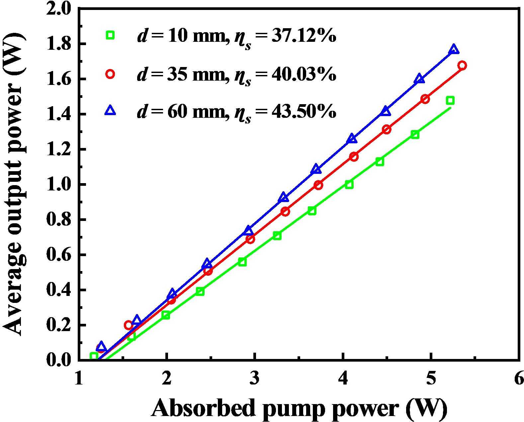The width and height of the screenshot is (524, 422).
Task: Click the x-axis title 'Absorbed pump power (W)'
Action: pos(299,409)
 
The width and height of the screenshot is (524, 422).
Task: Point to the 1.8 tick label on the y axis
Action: pos(60,44)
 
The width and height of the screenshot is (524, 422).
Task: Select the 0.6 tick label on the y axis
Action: pos(60,255)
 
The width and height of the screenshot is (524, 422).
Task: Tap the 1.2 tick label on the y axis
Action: pos(60,150)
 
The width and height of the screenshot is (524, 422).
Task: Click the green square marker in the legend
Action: pos(110,35)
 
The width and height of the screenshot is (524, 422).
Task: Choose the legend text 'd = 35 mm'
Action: pos(181,74)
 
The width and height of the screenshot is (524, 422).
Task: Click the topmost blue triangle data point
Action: pos(454,50)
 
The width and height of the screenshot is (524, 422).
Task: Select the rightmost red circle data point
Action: pos(462,65)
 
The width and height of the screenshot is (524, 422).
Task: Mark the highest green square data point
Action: pos(450,101)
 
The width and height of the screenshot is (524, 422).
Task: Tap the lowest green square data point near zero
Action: pos(94,356)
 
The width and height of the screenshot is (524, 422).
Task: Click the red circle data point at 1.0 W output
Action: pos(318,185)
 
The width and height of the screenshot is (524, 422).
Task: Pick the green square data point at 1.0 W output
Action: pos(349,185)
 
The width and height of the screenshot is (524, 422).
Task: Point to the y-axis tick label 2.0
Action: pos(60,9)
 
